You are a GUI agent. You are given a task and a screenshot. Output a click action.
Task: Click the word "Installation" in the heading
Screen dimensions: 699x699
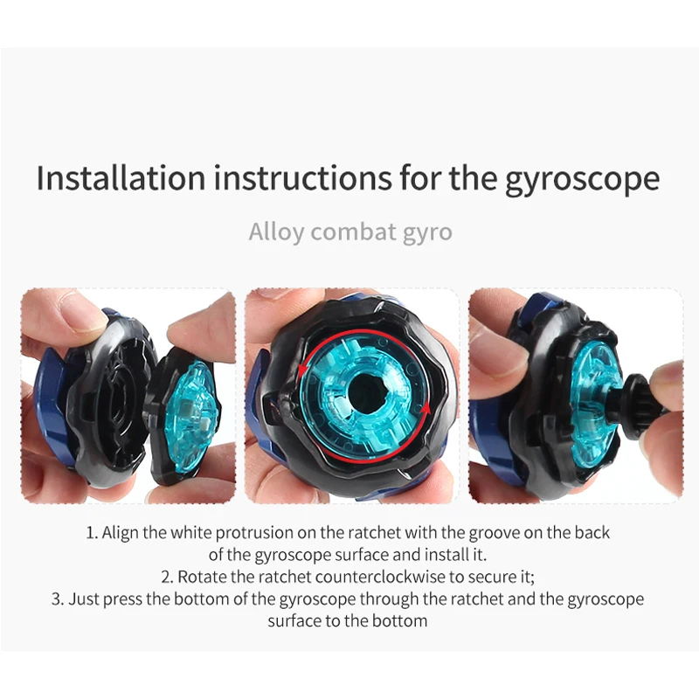(121, 177)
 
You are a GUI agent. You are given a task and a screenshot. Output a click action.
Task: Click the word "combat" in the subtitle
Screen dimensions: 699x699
(354, 232)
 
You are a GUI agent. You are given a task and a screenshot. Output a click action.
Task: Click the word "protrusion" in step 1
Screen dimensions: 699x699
(257, 533)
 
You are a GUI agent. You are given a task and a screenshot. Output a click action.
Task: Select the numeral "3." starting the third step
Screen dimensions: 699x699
(58, 599)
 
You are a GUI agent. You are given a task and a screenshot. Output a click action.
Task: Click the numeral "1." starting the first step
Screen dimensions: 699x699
(92, 533)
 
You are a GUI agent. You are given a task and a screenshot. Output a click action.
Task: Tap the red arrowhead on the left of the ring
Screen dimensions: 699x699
(303, 370)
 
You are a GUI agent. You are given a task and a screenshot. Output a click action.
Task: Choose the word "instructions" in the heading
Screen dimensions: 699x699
(302, 177)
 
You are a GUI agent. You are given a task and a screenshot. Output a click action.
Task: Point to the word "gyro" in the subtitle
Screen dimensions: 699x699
(427, 233)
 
